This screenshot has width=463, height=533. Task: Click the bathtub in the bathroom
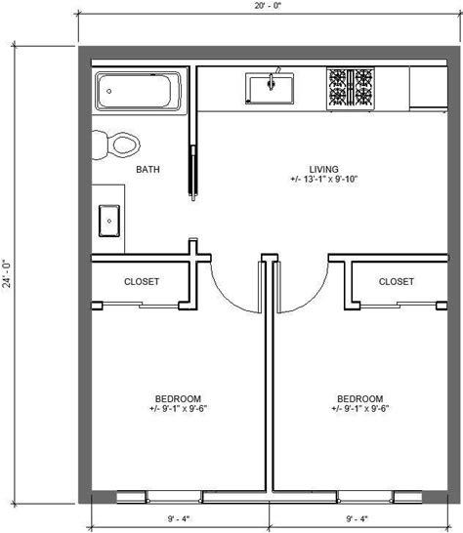coord(138,91)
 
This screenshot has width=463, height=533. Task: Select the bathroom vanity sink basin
coord(109,221)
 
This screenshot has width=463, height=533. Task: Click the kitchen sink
coord(270,89)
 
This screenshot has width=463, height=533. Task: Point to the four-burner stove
coord(351,89)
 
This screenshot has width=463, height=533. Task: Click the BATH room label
coord(147,169)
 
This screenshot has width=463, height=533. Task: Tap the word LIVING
coord(324,169)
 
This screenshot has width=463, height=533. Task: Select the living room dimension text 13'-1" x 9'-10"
coord(324,180)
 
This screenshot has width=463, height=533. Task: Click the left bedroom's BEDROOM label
coord(178,398)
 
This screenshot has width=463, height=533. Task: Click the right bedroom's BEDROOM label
coord(359,398)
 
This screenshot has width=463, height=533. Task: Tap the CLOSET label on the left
coord(142,281)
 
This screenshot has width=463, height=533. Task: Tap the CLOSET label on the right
coord(397,281)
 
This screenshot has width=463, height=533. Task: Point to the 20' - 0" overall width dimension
coord(269,6)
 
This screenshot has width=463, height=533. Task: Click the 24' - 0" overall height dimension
coord(7,274)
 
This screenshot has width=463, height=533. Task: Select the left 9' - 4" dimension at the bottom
coord(179,518)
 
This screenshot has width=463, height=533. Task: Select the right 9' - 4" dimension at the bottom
coord(358,518)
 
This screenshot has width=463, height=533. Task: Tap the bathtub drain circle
coord(109,91)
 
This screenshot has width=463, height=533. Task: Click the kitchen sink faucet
coord(272,81)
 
